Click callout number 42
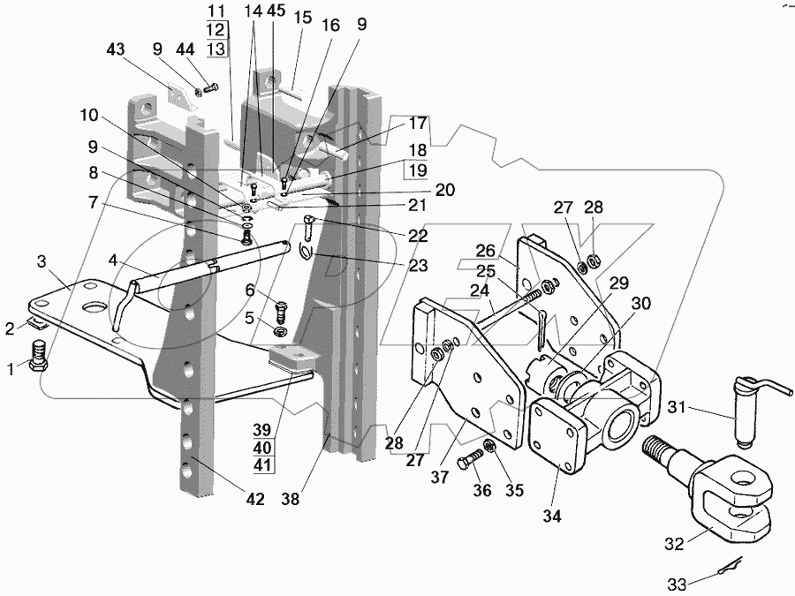[254, 500]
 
